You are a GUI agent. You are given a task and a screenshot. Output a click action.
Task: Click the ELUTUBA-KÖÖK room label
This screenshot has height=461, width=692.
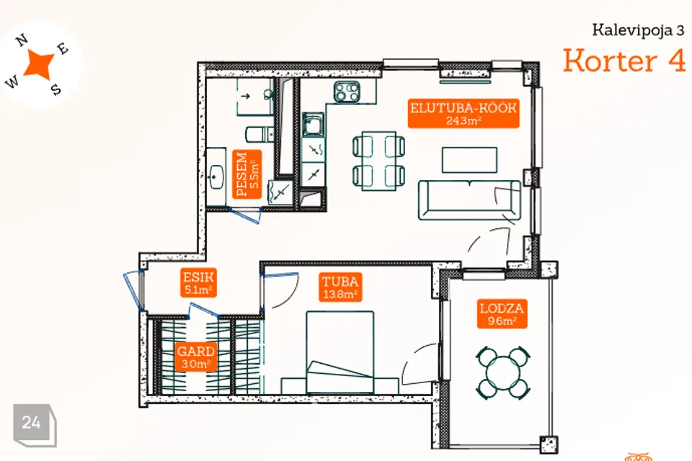point(463,113)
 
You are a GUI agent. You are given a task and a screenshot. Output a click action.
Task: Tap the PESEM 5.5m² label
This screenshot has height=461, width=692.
point(247,174)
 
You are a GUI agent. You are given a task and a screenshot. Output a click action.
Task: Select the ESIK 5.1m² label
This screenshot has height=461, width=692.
point(198,283)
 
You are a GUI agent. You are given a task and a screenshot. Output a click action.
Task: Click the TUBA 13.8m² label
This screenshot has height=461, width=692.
point(340,287)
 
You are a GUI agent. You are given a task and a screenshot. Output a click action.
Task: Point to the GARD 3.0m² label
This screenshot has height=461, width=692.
point(196,357)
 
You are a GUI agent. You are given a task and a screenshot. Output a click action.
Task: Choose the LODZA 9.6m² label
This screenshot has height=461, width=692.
point(502,314)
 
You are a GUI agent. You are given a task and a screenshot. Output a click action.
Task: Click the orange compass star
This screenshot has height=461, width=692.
point(39,64)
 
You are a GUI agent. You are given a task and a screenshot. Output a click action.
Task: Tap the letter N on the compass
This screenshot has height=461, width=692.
point(22,40)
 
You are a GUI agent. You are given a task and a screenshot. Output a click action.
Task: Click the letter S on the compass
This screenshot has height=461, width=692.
point(56,89)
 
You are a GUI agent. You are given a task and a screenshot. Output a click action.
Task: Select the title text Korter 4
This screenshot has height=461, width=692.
point(624,61)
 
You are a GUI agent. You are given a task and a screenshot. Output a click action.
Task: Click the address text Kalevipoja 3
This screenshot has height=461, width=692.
point(638,30)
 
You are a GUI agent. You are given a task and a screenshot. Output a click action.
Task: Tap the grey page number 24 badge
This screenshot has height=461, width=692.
point(35,425)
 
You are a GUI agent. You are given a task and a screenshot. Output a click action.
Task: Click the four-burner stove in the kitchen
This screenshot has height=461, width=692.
point(347,92)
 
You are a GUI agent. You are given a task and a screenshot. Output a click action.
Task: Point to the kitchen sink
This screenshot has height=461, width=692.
point(314,124)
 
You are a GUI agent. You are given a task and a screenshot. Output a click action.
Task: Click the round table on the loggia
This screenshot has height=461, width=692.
point(503,373)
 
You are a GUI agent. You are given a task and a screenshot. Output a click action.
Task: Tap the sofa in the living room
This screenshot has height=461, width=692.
point(469,200)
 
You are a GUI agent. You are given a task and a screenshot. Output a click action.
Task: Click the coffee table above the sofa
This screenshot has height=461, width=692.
point(469,160)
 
